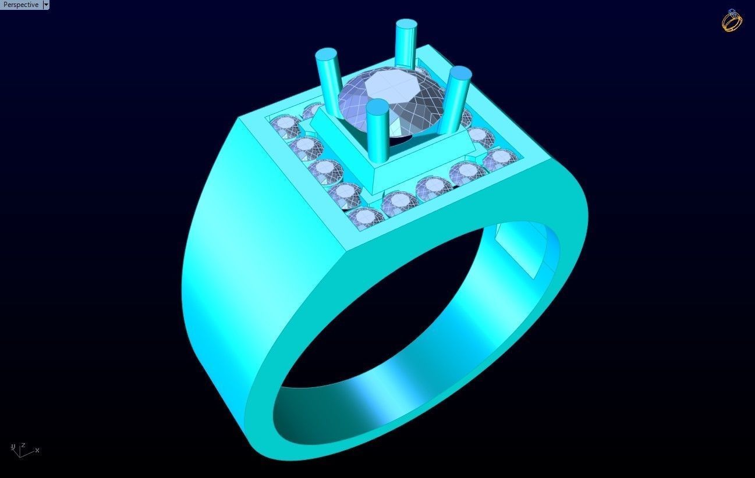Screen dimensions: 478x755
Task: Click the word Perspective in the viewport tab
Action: (21, 5)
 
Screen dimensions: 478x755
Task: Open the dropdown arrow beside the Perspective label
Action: (47, 5)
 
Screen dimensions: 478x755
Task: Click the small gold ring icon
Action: (732, 22)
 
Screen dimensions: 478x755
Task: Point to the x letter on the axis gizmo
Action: (37, 450)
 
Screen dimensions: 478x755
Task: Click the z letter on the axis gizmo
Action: (23, 445)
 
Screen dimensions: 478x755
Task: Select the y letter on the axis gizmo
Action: (13, 447)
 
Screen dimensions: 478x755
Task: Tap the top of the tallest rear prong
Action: (406, 24)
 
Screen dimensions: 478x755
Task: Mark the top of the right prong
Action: (460, 73)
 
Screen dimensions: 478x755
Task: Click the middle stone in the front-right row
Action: (433, 186)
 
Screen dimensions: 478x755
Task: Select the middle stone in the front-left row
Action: (324, 169)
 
